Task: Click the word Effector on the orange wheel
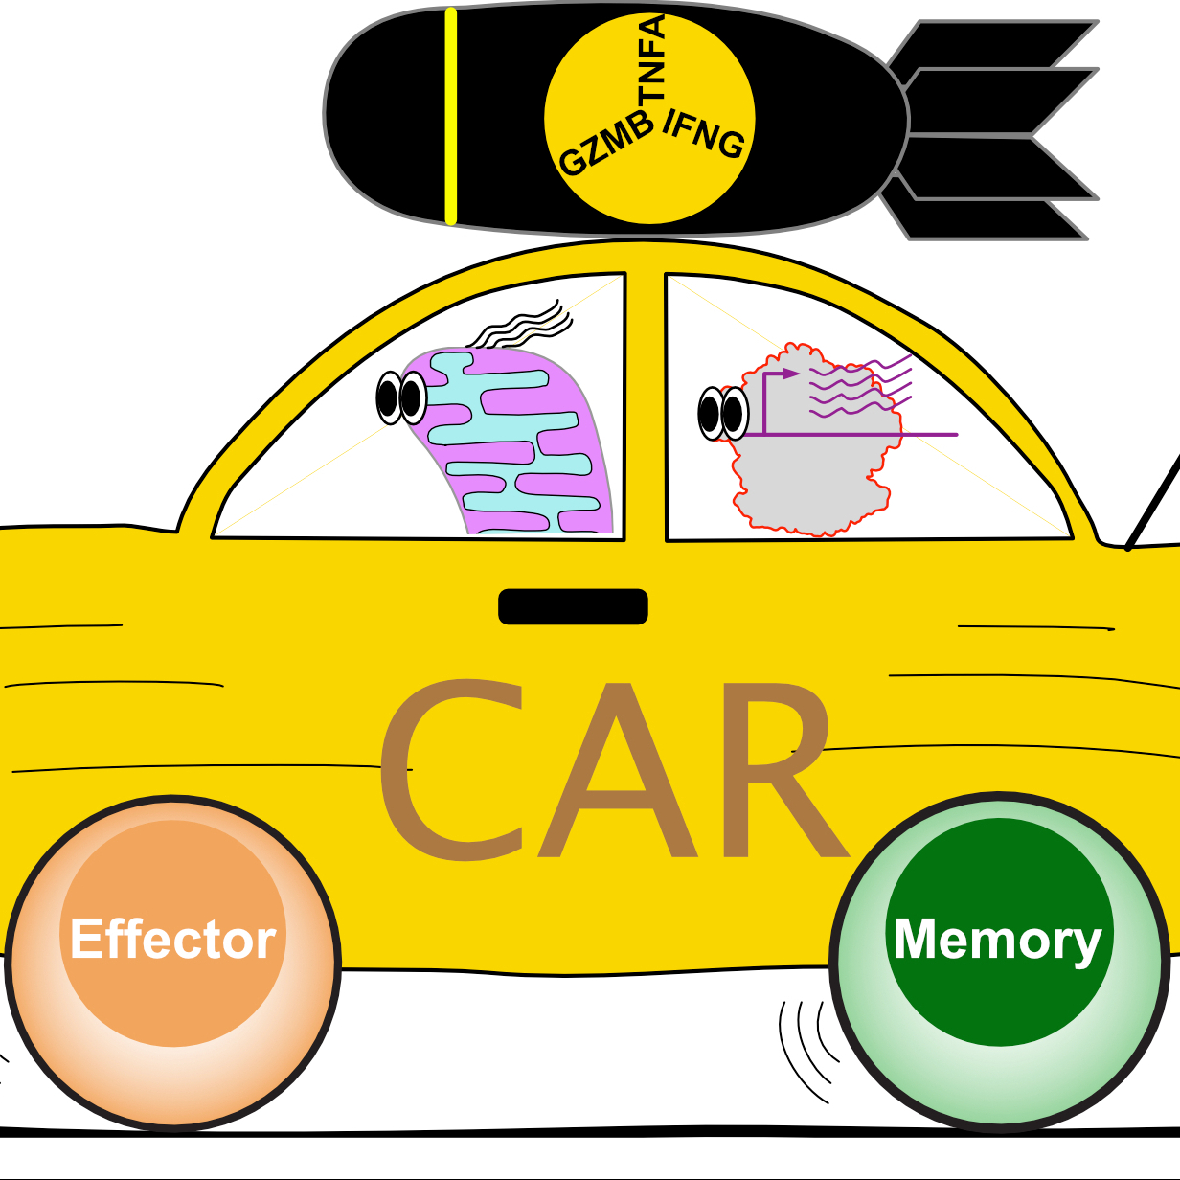[x=173, y=939]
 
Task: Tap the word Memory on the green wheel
[x=997, y=939]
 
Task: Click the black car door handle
[x=573, y=606]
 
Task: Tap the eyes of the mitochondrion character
[x=401, y=397]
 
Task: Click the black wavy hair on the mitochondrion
[x=522, y=326]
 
